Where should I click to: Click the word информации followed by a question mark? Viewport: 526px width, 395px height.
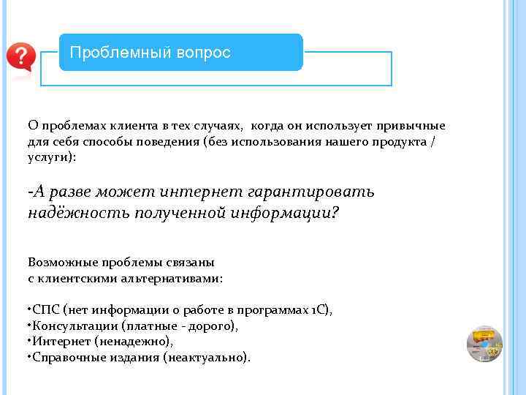pos(288,214)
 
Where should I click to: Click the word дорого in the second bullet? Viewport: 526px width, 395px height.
pos(213,326)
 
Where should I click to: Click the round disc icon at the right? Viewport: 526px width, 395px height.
pos(484,344)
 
